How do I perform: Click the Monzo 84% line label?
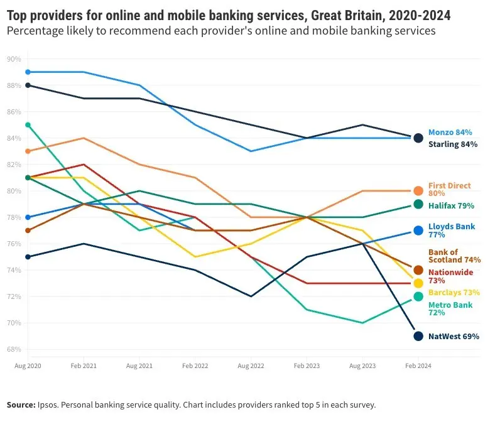coord(450,133)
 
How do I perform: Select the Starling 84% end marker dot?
coord(418,138)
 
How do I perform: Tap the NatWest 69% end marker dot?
coord(418,336)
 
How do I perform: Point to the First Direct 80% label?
coord(449,190)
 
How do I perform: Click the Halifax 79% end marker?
coord(418,204)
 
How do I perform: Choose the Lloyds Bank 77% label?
coord(452,231)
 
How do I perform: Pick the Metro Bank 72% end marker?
coord(418,296)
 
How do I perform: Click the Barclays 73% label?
coord(454,293)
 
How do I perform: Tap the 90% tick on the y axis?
coord(14,59)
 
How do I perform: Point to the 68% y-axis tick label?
coord(14,349)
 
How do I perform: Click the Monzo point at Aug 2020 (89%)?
coord(28,72)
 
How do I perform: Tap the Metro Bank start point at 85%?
coord(28,125)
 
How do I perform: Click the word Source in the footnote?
coord(21,405)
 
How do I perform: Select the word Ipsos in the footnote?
coord(50,405)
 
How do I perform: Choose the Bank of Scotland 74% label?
coord(454,256)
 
